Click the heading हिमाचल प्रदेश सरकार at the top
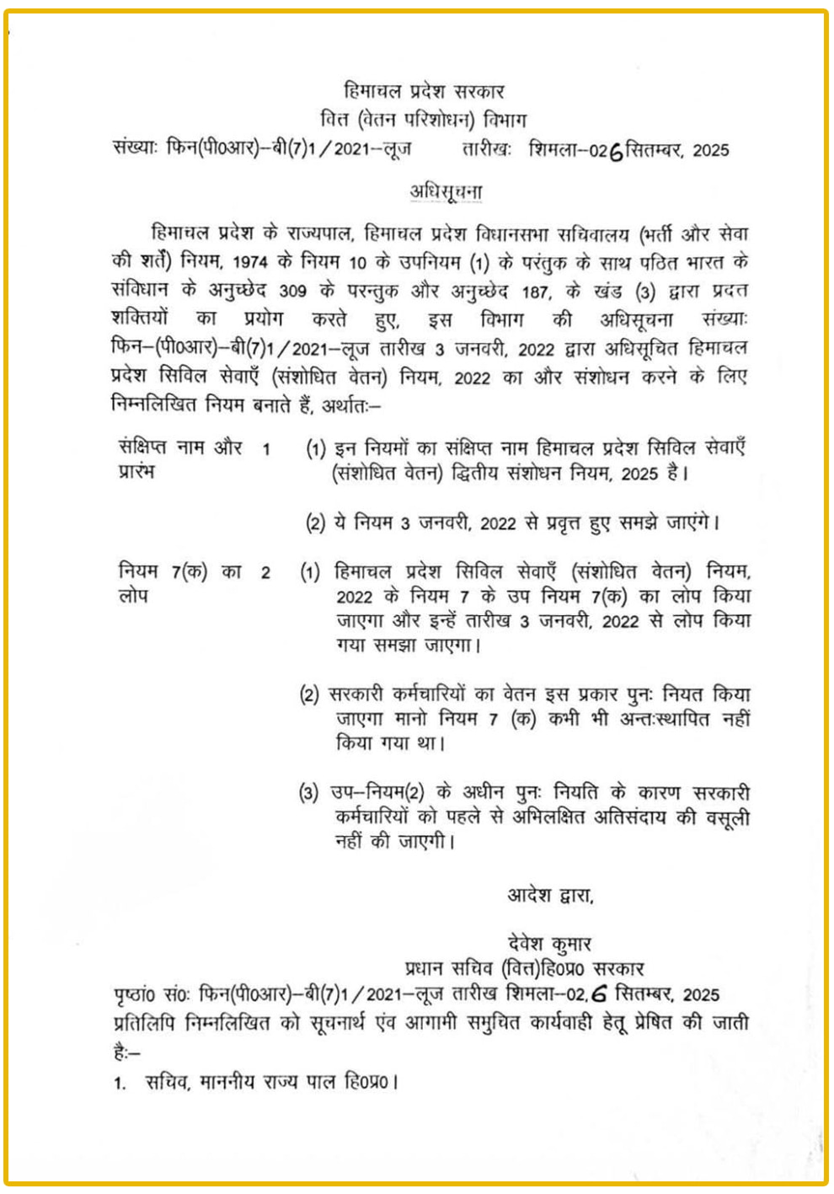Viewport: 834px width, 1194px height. tap(424, 91)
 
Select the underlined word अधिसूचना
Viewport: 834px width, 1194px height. tap(446, 191)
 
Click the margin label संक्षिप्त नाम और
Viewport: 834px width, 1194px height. tap(181, 447)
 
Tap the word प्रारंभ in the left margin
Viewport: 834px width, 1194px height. tap(137, 471)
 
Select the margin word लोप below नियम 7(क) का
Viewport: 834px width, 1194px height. tap(132, 596)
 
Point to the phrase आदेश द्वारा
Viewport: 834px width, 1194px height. tap(550, 895)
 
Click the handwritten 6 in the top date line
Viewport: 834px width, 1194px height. tap(615, 153)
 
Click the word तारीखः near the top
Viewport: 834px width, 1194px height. tap(487, 151)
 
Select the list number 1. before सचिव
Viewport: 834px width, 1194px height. tap(120, 1084)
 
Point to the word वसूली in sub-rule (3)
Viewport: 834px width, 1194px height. tap(723, 817)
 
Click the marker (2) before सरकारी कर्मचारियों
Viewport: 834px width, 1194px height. tap(310, 696)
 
